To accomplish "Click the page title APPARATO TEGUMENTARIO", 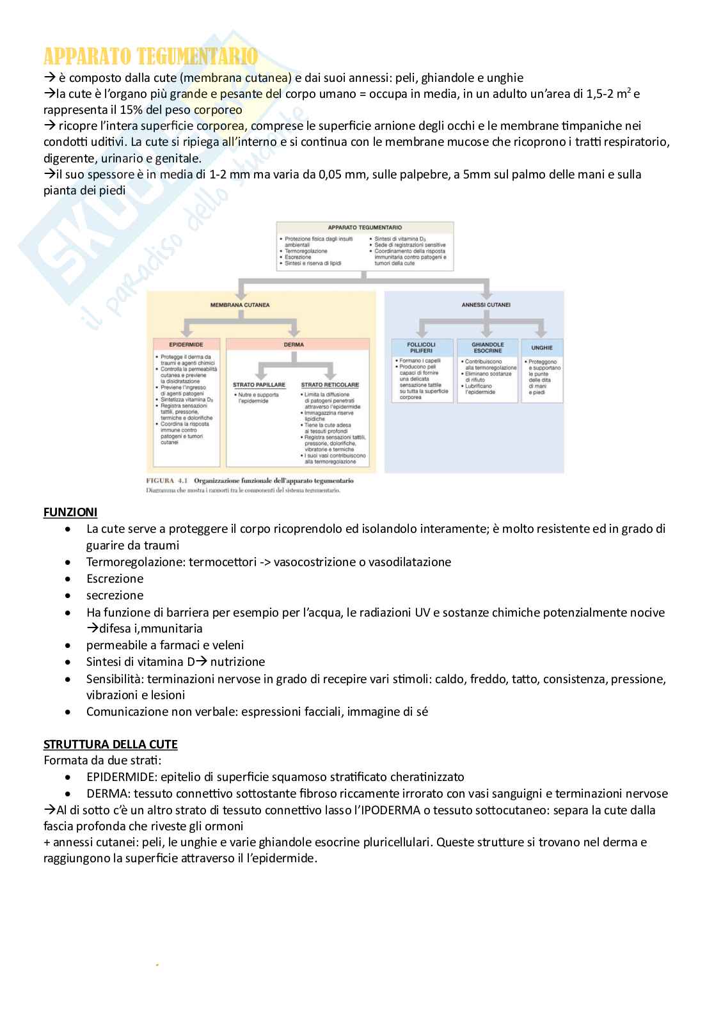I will pos(150,57).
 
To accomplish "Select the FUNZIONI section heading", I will pos(70,512).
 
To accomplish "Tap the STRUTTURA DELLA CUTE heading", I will pos(110,745).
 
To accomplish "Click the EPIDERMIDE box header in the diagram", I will pos(186,344).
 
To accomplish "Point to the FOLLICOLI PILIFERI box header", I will pos(420,347).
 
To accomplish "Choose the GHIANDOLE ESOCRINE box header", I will pos(487,347).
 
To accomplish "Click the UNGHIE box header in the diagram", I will pos(541,347).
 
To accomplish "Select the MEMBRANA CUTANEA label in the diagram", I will pos(240,305).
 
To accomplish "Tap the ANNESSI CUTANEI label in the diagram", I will pos(486,305).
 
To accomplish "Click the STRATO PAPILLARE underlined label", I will pos(259,385).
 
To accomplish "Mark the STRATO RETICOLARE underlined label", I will pos(330,385).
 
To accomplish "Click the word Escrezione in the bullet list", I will pos(115,579).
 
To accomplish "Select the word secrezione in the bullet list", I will pos(115,596).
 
